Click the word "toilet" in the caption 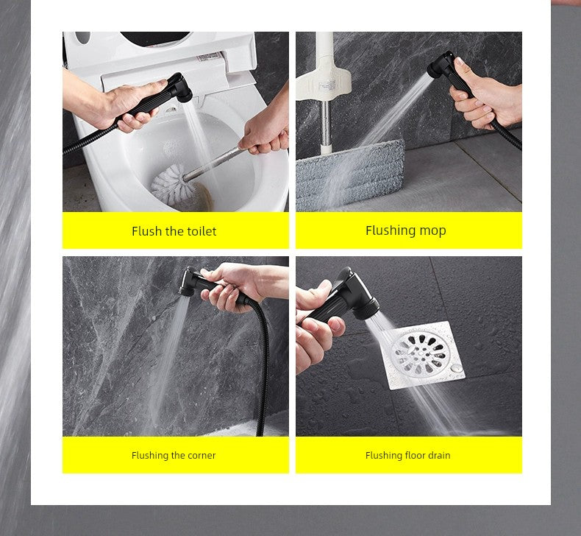[x=202, y=231]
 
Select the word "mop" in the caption [x=432, y=231]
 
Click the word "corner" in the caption [x=202, y=456]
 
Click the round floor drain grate [x=418, y=353]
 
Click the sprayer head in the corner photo [x=189, y=281]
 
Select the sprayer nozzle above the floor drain [x=360, y=300]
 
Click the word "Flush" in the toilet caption [x=147, y=231]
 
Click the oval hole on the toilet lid [x=82, y=38]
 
